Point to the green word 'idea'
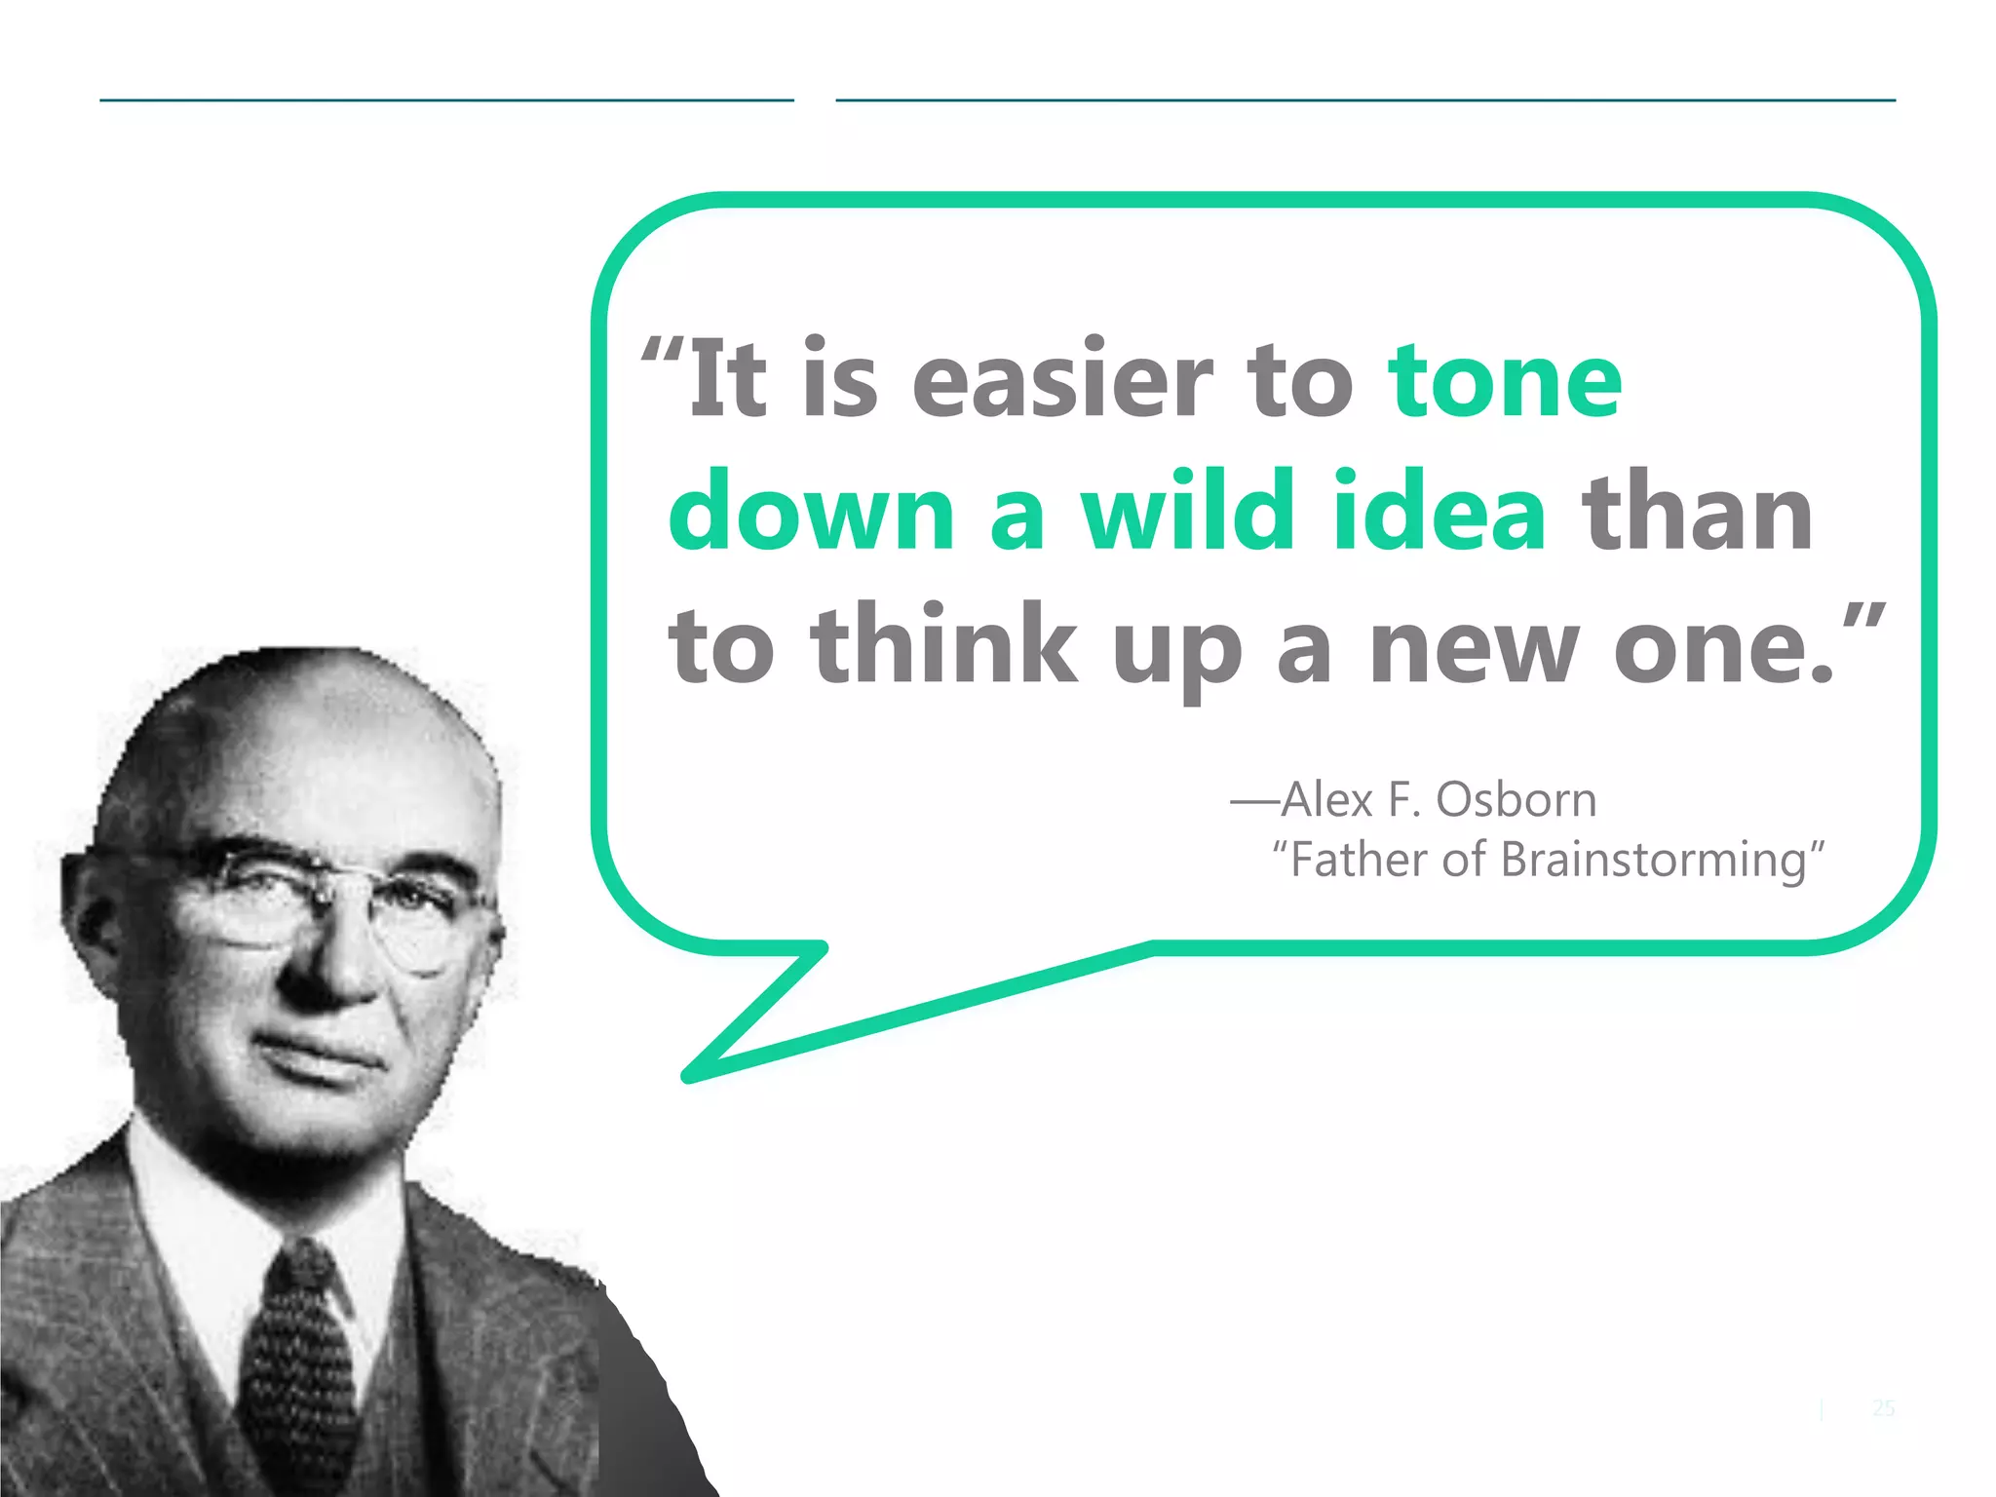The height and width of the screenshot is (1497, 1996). (x=1439, y=512)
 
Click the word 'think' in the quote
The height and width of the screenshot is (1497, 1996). (x=943, y=644)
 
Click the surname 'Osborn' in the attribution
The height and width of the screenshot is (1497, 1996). (x=1516, y=800)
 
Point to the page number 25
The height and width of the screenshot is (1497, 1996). (x=1883, y=1407)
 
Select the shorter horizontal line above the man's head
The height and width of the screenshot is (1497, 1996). (x=446, y=99)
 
